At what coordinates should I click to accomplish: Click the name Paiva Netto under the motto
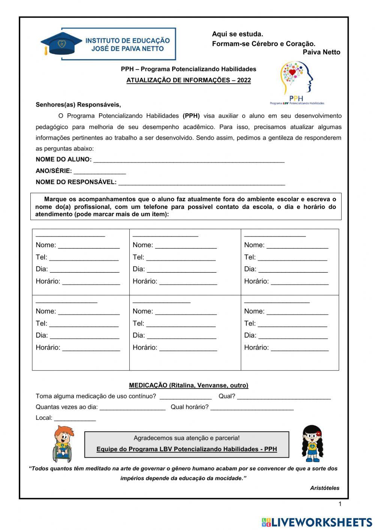[x=321, y=53]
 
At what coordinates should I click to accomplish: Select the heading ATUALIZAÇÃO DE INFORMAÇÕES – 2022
[x=188, y=80]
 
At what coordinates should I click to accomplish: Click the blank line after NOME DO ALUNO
[x=189, y=160]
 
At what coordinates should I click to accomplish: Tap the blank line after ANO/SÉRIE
[x=99, y=171]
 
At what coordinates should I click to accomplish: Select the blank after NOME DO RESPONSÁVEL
[x=201, y=183]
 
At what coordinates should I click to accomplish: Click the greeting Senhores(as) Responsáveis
[x=78, y=105]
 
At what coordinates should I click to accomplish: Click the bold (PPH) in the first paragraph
[x=191, y=116]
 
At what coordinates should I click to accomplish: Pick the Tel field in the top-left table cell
[x=84, y=258]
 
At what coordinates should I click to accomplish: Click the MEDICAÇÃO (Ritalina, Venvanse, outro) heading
[x=188, y=385]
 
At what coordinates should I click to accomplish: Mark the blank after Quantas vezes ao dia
[x=132, y=408]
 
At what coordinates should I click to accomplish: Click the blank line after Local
[x=75, y=419]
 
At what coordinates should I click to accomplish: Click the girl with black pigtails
[x=312, y=443]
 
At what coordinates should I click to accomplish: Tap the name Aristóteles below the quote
[x=324, y=488]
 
